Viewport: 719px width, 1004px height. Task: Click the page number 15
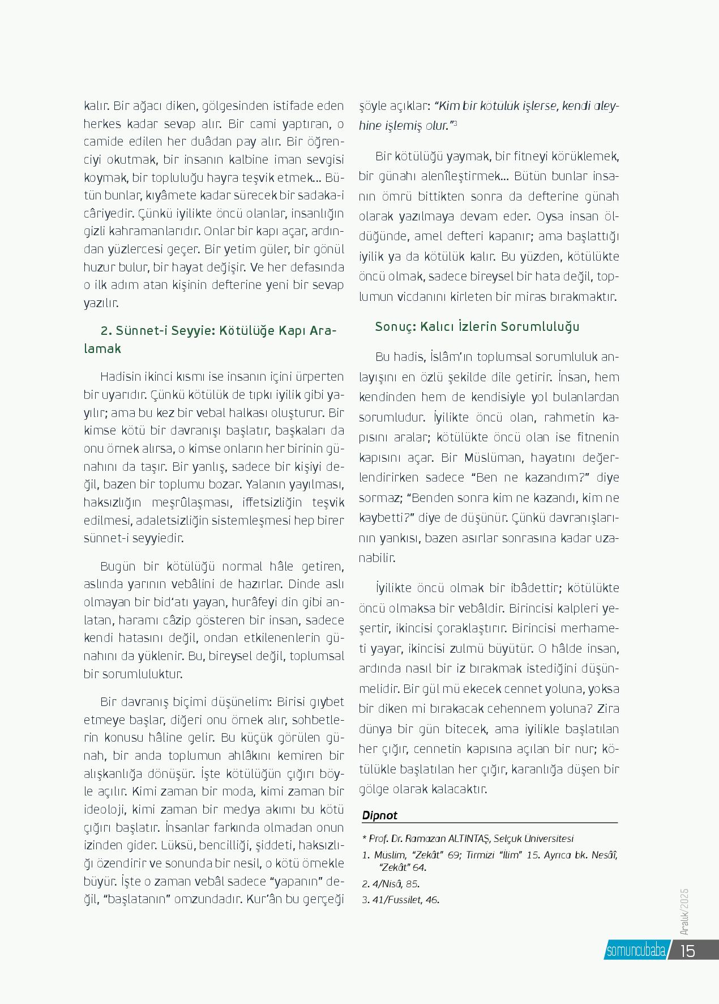click(x=687, y=950)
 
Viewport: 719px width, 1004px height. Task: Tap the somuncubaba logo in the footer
click(x=635, y=951)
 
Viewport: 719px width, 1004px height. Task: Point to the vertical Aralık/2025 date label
click(x=684, y=912)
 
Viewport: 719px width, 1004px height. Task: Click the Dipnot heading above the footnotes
click(x=380, y=815)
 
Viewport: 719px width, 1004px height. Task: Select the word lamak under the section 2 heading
click(x=102, y=349)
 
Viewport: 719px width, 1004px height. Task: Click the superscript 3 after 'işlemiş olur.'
click(x=455, y=123)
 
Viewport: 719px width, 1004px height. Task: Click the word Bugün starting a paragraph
click(x=118, y=567)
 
